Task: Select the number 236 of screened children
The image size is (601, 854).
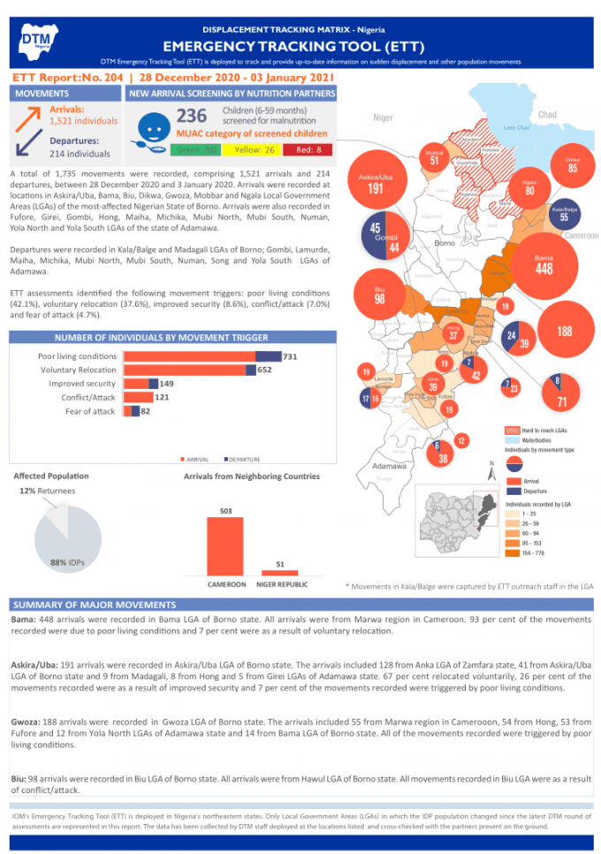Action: [x=191, y=115]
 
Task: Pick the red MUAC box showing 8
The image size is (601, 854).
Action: [x=311, y=149]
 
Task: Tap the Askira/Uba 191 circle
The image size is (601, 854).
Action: [x=375, y=184]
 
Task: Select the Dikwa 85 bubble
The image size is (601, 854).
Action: [x=572, y=164]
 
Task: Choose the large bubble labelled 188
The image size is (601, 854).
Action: [x=566, y=331]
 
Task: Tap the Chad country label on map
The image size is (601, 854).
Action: [x=547, y=115]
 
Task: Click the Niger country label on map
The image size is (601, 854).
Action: [x=383, y=118]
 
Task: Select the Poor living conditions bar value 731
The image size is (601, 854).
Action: [x=290, y=356]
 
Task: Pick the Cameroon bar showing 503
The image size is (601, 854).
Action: [x=225, y=545]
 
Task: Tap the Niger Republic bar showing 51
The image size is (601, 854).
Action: [x=279, y=573]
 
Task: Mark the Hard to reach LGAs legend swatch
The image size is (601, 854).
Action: [x=510, y=428]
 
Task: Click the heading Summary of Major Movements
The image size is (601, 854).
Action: [x=94, y=605]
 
